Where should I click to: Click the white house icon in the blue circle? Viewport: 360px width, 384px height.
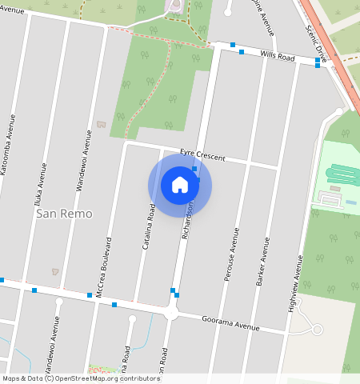click(x=180, y=185)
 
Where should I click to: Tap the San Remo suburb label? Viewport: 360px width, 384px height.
click(x=64, y=214)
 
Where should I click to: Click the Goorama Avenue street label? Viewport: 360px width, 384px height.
click(x=230, y=322)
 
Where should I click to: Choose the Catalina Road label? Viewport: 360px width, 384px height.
click(x=149, y=226)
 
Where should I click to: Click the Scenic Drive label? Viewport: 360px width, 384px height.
click(x=317, y=42)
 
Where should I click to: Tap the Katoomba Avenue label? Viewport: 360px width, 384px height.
click(x=9, y=144)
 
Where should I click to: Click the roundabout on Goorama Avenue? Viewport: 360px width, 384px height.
click(x=170, y=314)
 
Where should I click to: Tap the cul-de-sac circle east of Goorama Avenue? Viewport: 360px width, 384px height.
click(x=317, y=330)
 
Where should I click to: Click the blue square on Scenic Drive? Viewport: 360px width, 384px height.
click(x=318, y=61)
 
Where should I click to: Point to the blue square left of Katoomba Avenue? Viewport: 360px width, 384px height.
click(x=2, y=280)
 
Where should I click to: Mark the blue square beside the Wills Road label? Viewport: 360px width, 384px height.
click(x=242, y=52)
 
